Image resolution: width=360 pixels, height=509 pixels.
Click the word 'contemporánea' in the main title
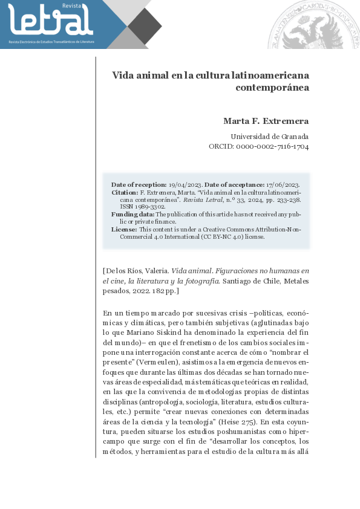(272, 87)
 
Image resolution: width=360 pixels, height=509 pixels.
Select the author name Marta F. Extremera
(266, 121)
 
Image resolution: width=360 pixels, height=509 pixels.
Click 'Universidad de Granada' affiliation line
(270, 136)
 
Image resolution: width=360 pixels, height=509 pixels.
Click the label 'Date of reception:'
(139, 184)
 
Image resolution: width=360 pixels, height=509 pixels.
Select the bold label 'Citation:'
(125, 192)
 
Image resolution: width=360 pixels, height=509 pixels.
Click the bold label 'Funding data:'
(133, 214)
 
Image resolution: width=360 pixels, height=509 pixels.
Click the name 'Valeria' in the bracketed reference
(155, 271)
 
